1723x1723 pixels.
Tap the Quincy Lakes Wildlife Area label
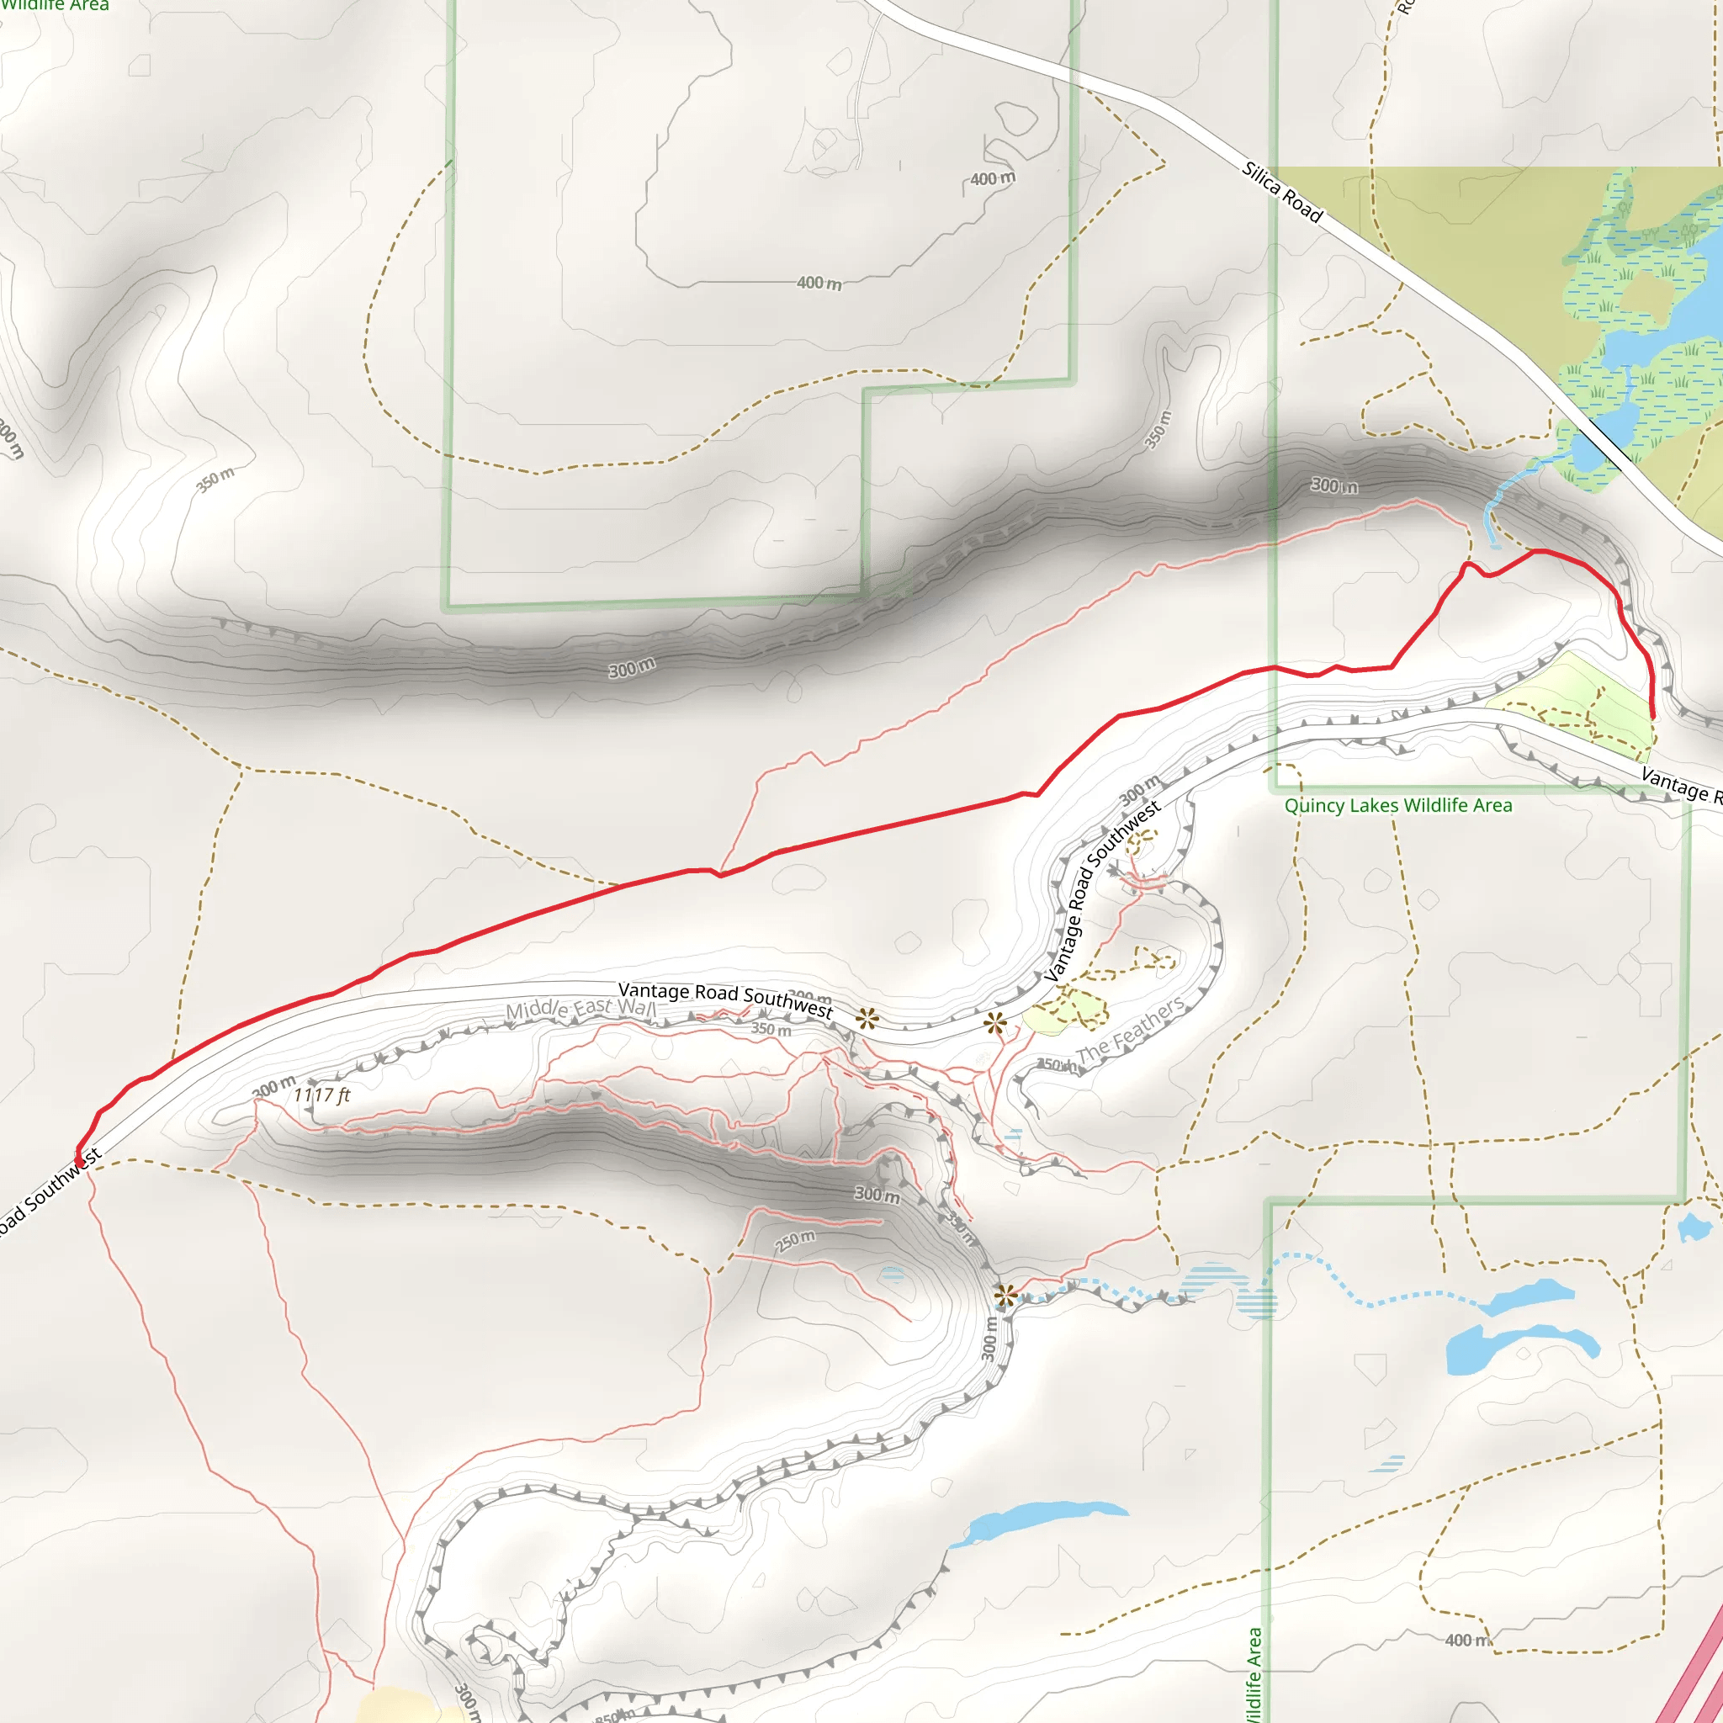1397,805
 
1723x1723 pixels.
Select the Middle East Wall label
581,1009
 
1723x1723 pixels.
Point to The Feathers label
1131,1030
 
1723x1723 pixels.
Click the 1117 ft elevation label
322,1095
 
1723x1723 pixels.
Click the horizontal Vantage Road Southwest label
725,999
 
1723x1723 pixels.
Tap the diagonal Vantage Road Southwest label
1102,891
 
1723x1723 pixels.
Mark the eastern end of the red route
1652,716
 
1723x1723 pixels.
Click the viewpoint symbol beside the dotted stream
1005,1295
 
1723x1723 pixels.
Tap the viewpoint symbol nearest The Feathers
995,1024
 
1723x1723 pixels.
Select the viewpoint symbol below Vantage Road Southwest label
867,1019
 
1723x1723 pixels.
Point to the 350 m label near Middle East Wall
771,1029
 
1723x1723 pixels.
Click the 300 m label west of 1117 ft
273,1087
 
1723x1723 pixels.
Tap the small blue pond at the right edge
1694,1229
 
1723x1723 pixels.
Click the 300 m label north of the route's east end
1334,486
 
